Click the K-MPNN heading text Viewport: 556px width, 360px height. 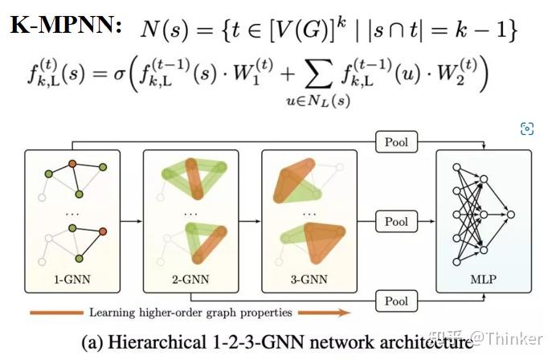67,26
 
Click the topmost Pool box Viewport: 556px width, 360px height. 396,143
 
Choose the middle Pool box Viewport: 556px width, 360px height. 396,221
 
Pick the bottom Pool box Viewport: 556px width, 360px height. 396,302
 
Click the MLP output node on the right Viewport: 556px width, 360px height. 509,215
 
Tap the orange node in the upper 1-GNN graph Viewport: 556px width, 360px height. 72,165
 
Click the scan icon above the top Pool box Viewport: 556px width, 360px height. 527,129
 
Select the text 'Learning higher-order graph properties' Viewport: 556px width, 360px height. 190,313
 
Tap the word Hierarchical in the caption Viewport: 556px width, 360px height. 153,341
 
